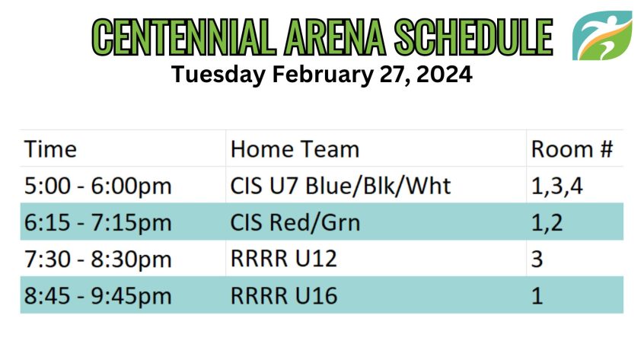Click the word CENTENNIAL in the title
tap(183, 37)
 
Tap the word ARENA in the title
tap(335, 37)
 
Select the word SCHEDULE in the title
tap(473, 37)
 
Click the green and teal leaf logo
tap(602, 36)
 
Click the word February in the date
tap(323, 75)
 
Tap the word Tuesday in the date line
tap(218, 75)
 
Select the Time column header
tap(50, 149)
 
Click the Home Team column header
tap(295, 149)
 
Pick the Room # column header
tap(572, 149)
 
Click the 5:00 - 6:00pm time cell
tap(97, 186)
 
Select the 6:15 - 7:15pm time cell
tap(97, 222)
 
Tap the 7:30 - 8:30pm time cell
tap(97, 260)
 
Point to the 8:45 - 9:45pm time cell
tap(97, 296)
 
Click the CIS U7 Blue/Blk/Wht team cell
tap(340, 186)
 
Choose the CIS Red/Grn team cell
tap(295, 222)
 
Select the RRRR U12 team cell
tap(284, 259)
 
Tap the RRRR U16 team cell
tap(284, 296)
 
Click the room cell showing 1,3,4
tap(556, 186)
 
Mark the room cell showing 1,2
tap(547, 223)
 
